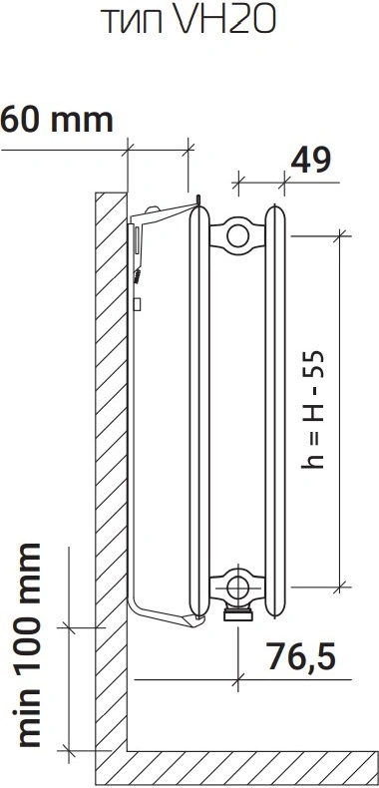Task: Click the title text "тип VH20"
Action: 189,20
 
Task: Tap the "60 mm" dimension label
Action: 57,121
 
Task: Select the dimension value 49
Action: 310,161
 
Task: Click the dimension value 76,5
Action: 300,656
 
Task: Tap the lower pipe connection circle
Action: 237,587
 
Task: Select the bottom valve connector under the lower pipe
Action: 238,612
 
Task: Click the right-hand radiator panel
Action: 276,410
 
